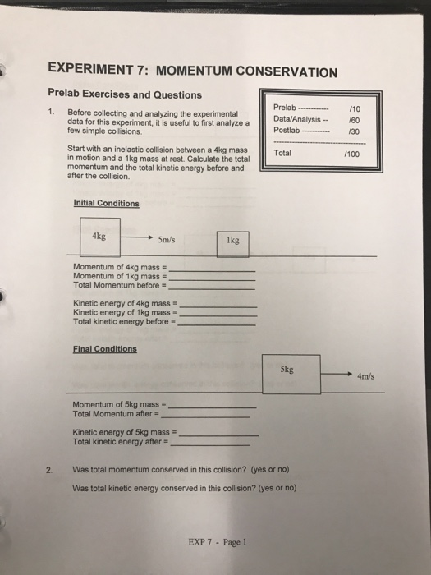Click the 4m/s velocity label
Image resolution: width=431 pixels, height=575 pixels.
click(x=366, y=377)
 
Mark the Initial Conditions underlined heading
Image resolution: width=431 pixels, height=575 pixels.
click(x=106, y=203)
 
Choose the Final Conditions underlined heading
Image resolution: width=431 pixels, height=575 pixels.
click(x=104, y=348)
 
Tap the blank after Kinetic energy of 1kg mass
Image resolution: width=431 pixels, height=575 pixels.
click(x=218, y=315)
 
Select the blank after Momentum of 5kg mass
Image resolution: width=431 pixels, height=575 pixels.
click(x=212, y=407)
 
